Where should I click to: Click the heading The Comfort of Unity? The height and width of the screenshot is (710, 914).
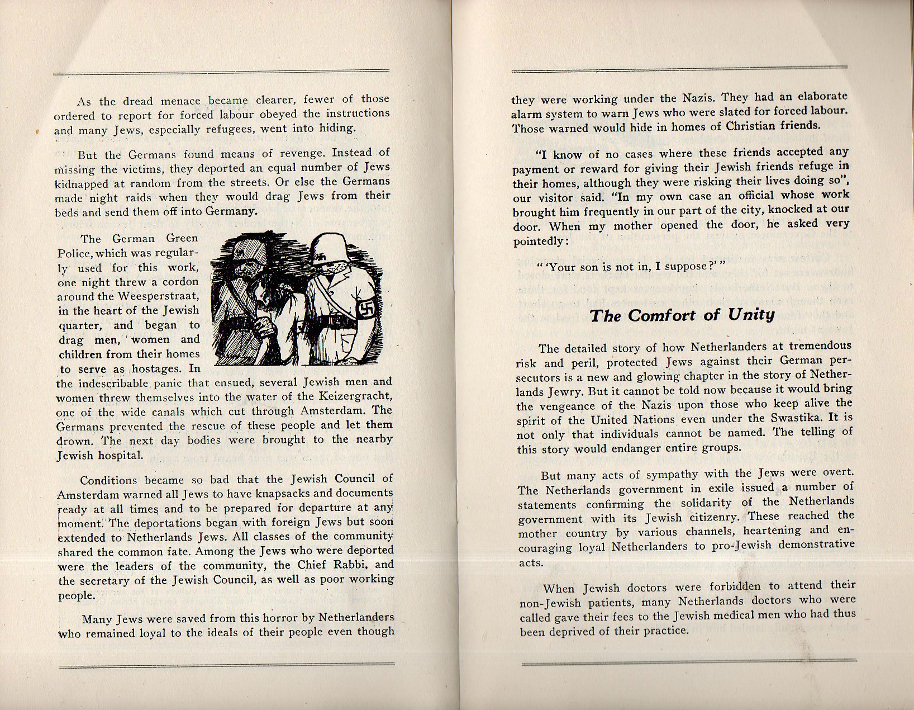682,316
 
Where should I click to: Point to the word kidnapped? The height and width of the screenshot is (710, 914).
78,183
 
